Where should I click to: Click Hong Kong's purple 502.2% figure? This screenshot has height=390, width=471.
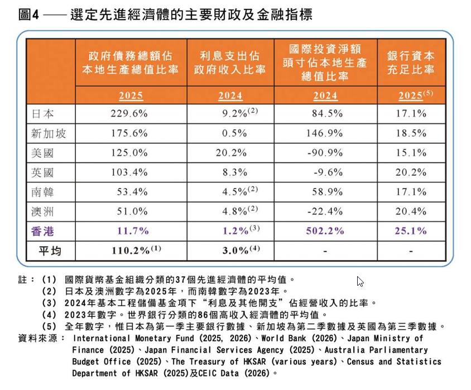(325, 230)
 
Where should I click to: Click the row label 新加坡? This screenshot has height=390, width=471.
(50, 133)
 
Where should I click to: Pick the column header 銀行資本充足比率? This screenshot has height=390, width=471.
(411, 63)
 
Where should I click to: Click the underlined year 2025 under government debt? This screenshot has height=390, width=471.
(131, 96)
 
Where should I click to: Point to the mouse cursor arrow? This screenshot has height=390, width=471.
(360, 281)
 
